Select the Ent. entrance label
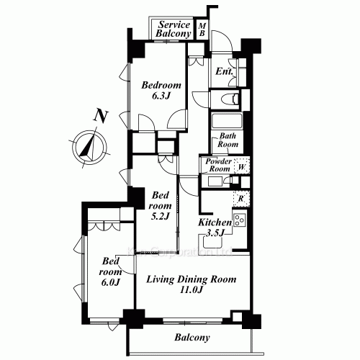[223, 72]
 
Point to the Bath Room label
[228, 140]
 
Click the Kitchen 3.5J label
[215, 227]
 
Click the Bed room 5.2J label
[161, 204]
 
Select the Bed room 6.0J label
[109, 271]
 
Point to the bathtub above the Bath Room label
[228, 120]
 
